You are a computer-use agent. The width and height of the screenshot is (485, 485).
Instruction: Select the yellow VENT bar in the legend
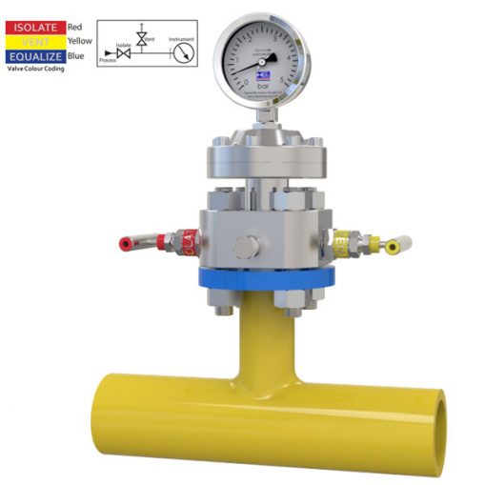(x=35, y=42)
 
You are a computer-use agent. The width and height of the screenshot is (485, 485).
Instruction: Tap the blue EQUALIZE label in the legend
(x=35, y=56)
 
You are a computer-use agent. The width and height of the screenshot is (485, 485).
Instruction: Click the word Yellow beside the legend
(x=80, y=42)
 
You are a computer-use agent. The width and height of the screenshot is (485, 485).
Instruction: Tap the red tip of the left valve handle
(x=125, y=244)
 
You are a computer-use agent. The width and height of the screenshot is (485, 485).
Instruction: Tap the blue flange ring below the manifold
(x=266, y=279)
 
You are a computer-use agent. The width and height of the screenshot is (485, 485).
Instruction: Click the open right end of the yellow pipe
(x=441, y=419)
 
